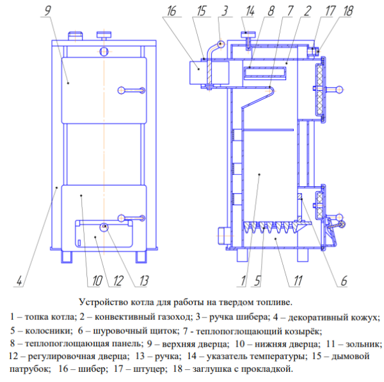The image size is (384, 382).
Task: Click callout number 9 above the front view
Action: pos(48,10)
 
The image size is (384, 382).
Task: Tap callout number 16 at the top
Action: pos(172,11)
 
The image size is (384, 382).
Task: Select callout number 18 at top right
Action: pos(348,11)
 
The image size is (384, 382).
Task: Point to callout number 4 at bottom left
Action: pos(19,281)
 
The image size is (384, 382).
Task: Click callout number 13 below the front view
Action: pos(143,281)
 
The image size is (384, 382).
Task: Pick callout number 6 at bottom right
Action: pos(344,281)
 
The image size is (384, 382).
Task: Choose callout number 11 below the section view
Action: pos(298,281)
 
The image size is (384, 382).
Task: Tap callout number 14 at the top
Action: pos(250,11)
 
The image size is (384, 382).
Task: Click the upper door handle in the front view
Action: pos(131,90)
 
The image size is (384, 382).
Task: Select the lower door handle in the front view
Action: pos(131,218)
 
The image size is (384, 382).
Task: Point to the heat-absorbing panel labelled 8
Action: pos(265,73)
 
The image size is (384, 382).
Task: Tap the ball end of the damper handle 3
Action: pos(221,44)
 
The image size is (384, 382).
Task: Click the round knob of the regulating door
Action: pos(104,227)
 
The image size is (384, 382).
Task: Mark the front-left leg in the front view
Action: pos(67,257)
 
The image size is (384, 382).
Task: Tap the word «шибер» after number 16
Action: pos(92,369)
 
